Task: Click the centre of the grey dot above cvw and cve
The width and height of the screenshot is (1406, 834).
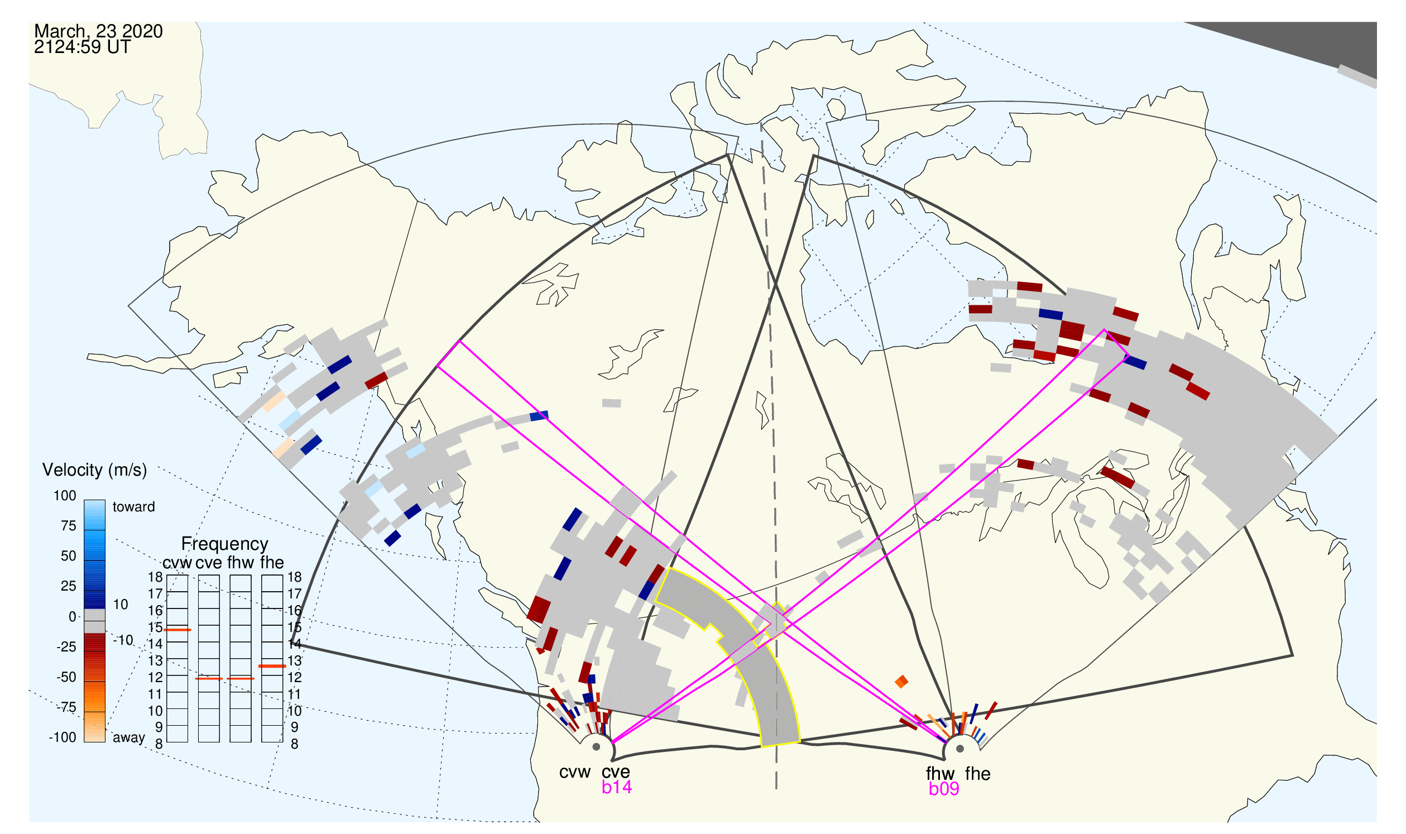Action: (x=596, y=747)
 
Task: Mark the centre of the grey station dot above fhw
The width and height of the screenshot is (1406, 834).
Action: (x=961, y=749)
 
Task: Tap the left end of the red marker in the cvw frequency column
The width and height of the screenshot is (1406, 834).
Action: (x=164, y=630)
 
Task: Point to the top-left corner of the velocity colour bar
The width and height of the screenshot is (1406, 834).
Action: (x=84, y=500)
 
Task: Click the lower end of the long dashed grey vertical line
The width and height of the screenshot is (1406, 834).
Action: (x=776, y=789)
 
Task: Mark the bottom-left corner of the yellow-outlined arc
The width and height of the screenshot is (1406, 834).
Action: (x=762, y=747)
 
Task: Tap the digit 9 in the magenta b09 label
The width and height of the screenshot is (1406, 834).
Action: (x=953, y=789)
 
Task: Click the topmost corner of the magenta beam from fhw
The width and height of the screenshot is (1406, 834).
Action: (x=1104, y=329)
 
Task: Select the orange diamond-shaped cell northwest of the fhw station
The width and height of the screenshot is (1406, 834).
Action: (x=901, y=682)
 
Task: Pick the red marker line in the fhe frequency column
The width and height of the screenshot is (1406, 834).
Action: (x=272, y=667)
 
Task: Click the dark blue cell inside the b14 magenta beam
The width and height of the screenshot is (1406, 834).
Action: (x=540, y=416)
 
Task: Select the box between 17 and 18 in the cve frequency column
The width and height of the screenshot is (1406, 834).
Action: (x=209, y=584)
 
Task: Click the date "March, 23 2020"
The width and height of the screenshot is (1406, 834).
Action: (x=98, y=31)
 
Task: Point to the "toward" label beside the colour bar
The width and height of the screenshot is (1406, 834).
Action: (x=134, y=507)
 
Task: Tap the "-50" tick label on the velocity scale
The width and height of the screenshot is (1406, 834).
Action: (x=66, y=677)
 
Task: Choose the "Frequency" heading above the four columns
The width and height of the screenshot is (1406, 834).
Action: (x=225, y=544)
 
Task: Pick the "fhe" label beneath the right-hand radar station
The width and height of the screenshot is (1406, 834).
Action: (x=978, y=774)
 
